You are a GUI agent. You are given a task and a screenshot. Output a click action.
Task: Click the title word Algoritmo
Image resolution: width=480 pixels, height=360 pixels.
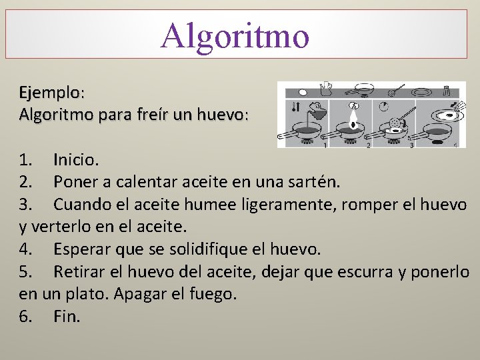click(x=235, y=35)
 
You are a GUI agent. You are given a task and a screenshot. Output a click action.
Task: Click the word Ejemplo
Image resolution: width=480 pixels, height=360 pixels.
click(x=49, y=92)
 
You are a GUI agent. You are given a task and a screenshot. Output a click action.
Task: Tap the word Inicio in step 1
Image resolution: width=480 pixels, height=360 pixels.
click(x=75, y=160)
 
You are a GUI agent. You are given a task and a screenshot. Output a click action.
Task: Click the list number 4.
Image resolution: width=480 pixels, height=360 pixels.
click(x=25, y=250)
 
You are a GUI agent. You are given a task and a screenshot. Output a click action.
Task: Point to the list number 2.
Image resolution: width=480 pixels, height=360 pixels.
click(x=25, y=181)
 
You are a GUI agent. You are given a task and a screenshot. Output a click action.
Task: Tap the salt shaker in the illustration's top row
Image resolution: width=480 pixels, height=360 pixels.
click(x=447, y=90)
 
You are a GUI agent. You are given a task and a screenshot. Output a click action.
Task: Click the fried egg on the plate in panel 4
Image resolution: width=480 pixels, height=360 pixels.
click(x=445, y=117)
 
